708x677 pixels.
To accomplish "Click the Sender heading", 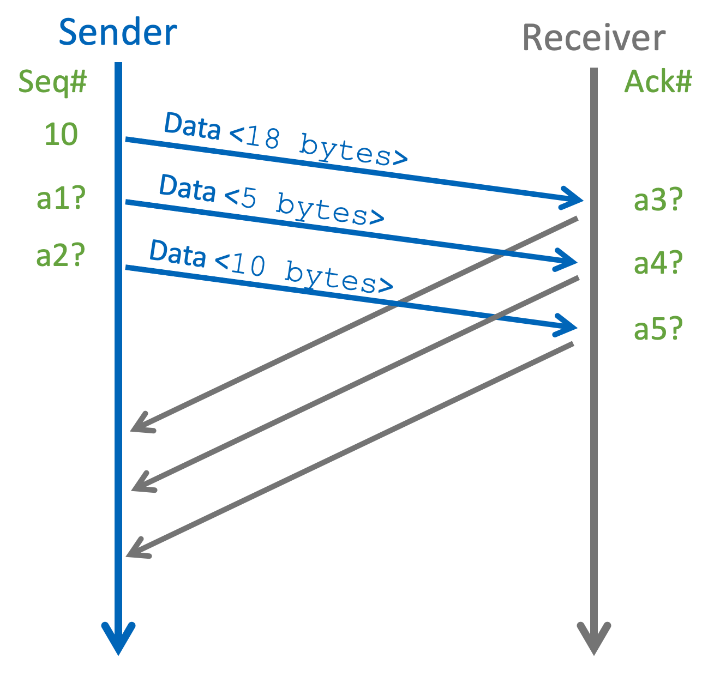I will [x=118, y=33].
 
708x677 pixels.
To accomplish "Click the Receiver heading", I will [x=593, y=38].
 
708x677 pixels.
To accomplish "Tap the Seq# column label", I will [x=52, y=82].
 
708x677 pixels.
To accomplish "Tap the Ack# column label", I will [x=658, y=82].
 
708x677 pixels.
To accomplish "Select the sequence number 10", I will [x=61, y=134].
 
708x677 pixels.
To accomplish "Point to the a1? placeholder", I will [x=61, y=199].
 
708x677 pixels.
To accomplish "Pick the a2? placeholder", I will [x=61, y=255].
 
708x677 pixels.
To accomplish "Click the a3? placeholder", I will [x=658, y=200].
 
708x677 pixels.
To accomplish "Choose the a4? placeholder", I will [x=658, y=263].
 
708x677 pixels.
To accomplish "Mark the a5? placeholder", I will [x=658, y=329].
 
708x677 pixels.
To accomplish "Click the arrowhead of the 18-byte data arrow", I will [x=575, y=199].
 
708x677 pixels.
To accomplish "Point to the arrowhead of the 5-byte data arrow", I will [x=569, y=261].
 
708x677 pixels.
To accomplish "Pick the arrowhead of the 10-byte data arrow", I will [x=569, y=327].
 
